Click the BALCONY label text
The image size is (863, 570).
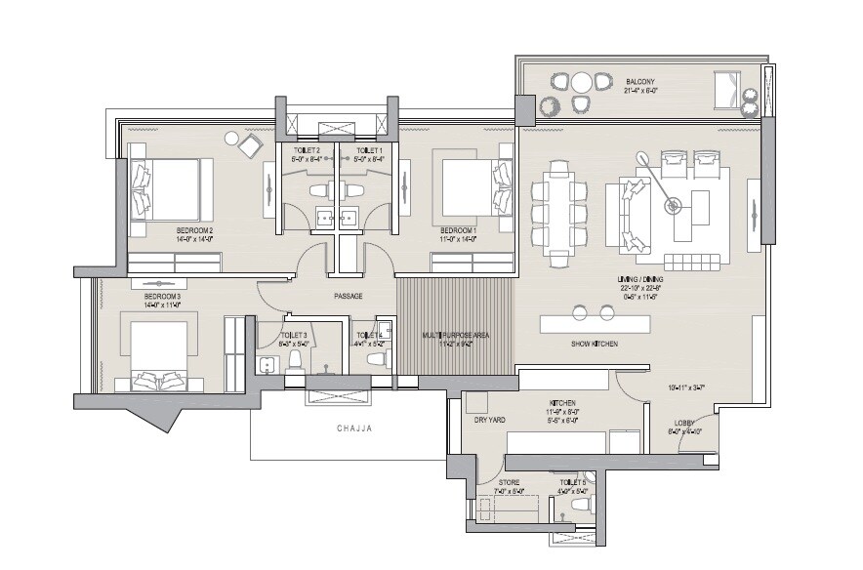pyautogui.click(x=640, y=82)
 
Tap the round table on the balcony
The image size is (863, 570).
pyautogui.click(x=582, y=82)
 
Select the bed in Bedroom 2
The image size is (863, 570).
pyautogui.click(x=170, y=188)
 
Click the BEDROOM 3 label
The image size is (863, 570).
pyautogui.click(x=162, y=296)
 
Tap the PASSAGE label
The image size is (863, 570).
pyautogui.click(x=349, y=296)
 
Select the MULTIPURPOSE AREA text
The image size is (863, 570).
pyautogui.click(x=456, y=335)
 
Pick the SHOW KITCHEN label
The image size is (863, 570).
pyautogui.click(x=595, y=344)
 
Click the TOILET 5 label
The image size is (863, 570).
pyautogui.click(x=571, y=482)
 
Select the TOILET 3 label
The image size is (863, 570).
pyautogui.click(x=294, y=334)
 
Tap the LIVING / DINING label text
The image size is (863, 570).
pyautogui.click(x=639, y=278)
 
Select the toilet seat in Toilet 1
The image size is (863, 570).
pyautogui.click(x=355, y=189)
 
